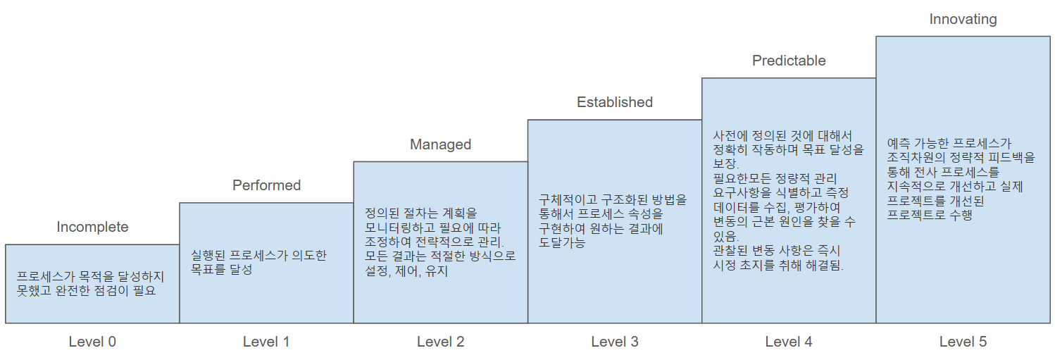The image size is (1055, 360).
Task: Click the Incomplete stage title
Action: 92,227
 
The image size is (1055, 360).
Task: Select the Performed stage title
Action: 266,185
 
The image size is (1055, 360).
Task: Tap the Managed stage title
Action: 440,144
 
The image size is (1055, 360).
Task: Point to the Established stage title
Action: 615,102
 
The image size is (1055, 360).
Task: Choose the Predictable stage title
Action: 789,61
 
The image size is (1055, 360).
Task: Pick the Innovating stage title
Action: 963,19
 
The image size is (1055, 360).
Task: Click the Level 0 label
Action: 92,342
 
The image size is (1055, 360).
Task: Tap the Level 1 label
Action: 266,342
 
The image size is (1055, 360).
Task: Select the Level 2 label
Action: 440,342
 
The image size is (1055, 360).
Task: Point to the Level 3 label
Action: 615,342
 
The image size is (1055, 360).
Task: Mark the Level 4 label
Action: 789,342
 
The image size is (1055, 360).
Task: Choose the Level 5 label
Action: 963,342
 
